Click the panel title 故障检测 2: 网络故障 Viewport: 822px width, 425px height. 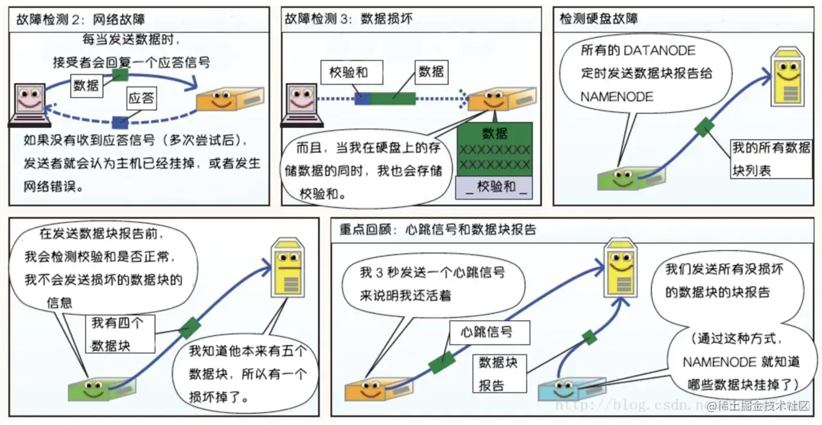(80, 19)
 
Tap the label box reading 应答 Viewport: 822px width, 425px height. (141, 98)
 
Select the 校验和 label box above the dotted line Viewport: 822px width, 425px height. (348, 72)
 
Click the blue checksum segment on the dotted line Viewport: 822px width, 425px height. (362, 98)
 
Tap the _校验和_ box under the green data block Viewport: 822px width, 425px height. (494, 188)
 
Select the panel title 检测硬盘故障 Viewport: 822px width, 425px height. (599, 19)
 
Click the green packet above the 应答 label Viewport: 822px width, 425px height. (119, 75)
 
